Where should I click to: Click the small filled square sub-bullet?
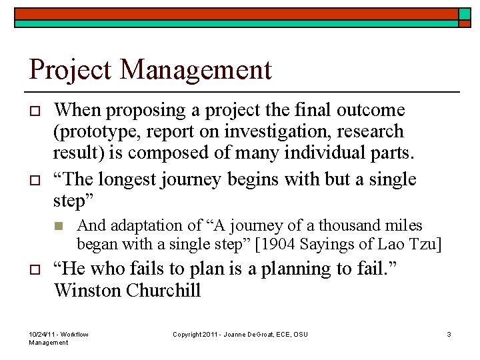coord(59,227)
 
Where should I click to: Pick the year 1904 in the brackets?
coord(277,245)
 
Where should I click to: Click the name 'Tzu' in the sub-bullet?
coord(424,245)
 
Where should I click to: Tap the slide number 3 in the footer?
coord(449,334)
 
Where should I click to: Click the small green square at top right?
coord(465,15)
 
